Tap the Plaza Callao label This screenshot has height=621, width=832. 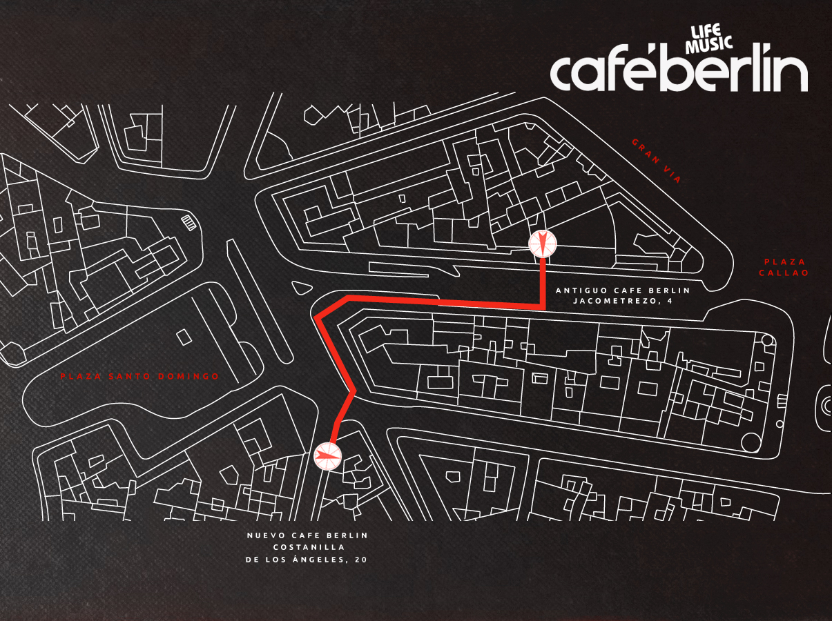[784, 267]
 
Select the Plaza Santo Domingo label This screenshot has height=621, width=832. [139, 376]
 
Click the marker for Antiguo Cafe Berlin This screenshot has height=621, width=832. [542, 243]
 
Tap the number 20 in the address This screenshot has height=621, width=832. [360, 560]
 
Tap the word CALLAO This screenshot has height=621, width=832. [784, 273]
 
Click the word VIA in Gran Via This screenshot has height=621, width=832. [672, 174]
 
